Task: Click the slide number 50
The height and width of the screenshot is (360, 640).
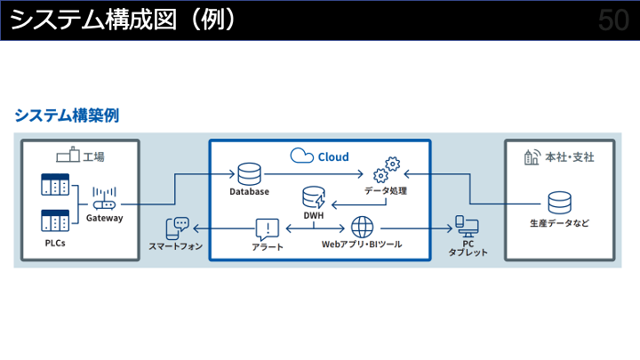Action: (x=613, y=20)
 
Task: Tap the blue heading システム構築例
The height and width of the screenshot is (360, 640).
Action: (x=67, y=115)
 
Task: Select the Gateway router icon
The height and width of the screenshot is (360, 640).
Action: (x=105, y=201)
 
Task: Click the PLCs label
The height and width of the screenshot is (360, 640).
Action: (x=55, y=243)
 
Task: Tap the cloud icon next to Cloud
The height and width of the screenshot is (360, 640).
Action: (x=302, y=156)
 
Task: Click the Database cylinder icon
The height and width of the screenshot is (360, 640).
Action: (x=248, y=172)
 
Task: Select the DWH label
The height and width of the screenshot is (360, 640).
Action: (x=314, y=215)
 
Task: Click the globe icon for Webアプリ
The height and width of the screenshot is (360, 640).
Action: (x=363, y=226)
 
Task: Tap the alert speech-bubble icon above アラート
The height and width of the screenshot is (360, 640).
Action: (x=267, y=228)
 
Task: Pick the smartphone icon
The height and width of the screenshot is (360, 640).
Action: (x=178, y=228)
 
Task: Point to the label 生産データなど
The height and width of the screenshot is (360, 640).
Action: (x=559, y=223)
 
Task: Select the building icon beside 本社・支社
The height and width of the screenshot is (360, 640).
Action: (x=532, y=156)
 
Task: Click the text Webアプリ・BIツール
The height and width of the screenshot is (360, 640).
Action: (x=361, y=244)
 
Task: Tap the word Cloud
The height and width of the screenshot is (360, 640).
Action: (x=333, y=156)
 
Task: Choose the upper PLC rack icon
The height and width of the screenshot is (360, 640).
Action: (x=55, y=186)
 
